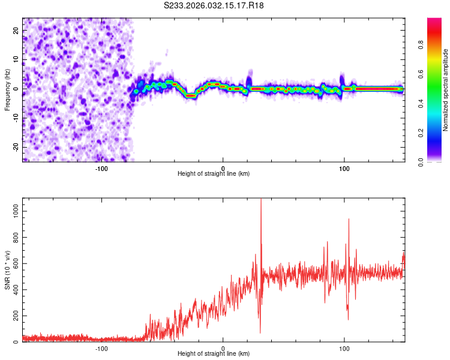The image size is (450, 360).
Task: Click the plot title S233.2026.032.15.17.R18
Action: [x=214, y=6]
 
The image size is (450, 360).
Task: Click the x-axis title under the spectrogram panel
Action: [x=214, y=174]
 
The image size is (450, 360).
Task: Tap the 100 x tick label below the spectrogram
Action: [x=344, y=168]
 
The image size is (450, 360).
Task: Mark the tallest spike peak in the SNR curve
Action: [x=260, y=200]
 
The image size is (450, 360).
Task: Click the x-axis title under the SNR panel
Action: [x=214, y=355]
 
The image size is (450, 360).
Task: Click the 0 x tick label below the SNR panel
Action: [x=223, y=348]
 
